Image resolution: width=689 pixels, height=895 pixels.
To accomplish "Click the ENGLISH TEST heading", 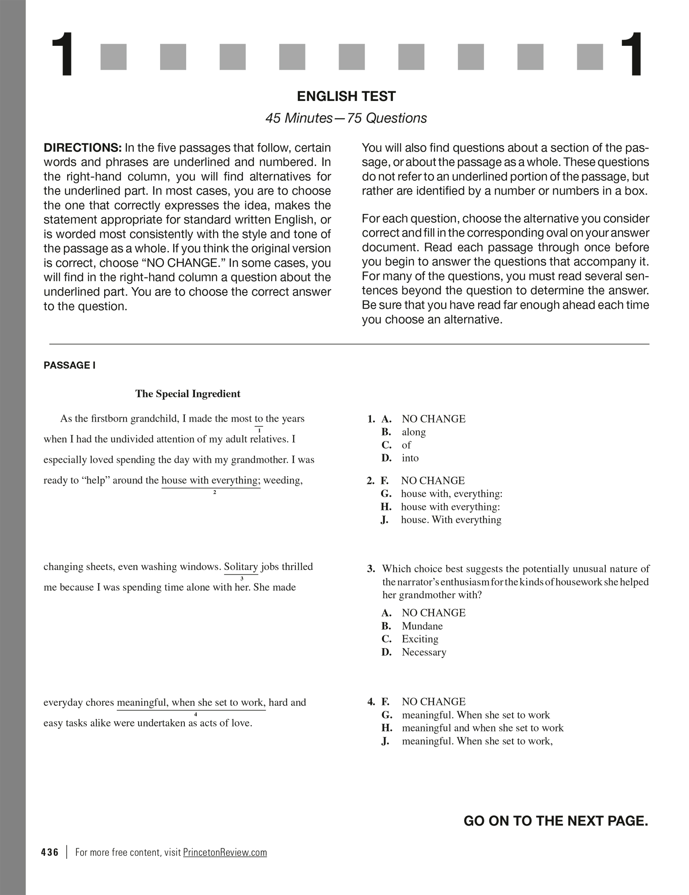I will pos(346,96).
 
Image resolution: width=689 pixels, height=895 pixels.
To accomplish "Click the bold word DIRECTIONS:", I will pos(82,148).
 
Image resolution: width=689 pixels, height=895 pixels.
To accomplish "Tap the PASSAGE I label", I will pos(69,365).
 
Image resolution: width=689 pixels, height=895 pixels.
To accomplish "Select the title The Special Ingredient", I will pos(187,394).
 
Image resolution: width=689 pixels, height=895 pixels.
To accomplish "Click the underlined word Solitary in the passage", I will pos(241,567).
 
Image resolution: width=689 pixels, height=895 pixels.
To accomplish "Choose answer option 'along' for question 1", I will pos(413,432).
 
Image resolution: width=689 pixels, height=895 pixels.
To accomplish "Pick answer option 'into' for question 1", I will pos(410,458).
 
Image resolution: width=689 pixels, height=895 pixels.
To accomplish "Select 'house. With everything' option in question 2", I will pos(451,520).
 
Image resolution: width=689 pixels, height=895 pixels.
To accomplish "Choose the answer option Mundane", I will pos(422,626).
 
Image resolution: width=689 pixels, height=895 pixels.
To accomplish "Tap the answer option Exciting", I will pos(420,639).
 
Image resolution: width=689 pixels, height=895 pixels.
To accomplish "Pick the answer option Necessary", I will pos(423,652).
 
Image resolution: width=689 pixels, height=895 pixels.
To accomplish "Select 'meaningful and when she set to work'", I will pos(482,728).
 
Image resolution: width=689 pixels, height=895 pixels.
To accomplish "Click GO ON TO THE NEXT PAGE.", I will pos(555,821).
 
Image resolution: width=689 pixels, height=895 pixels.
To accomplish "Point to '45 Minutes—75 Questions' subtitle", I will pos(346,118).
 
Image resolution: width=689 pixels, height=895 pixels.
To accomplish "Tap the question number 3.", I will pos(371,569).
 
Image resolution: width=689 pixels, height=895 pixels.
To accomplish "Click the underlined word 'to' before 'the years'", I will pos(259,419).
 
